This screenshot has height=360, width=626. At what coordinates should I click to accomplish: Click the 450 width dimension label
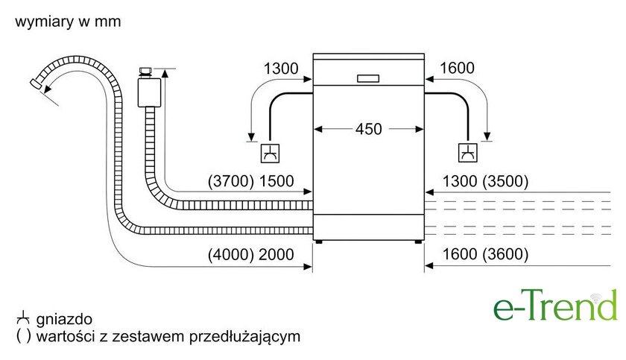(368, 129)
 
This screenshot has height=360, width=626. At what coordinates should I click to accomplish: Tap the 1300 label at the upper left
(281, 69)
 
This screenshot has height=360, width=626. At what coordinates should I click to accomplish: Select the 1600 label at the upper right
(457, 68)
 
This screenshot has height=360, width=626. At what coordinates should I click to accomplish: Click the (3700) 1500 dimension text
(250, 181)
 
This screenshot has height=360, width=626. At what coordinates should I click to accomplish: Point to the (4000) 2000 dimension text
(250, 255)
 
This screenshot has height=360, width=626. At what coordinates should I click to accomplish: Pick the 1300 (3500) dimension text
(485, 181)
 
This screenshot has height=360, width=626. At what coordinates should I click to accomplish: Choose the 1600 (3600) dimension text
(485, 254)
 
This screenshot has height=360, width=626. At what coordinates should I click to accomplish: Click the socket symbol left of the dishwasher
(270, 154)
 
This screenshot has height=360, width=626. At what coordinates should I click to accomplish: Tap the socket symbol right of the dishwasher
(467, 153)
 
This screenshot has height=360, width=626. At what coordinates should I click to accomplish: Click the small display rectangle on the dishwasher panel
(368, 78)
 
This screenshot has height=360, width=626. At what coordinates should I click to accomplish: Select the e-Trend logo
(555, 306)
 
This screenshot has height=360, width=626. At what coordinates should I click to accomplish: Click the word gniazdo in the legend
(64, 319)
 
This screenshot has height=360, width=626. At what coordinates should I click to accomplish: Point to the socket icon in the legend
(23, 318)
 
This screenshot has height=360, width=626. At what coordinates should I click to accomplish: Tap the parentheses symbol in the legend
(24, 336)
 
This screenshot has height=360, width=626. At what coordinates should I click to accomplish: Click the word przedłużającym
(244, 336)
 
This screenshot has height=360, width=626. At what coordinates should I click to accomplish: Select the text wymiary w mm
(68, 22)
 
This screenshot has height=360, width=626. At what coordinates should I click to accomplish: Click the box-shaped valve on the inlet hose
(149, 92)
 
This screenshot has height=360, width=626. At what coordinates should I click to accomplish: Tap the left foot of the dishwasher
(318, 241)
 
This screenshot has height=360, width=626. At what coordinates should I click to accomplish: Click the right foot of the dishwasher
(417, 241)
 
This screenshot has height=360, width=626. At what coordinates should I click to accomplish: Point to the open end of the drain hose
(36, 83)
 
